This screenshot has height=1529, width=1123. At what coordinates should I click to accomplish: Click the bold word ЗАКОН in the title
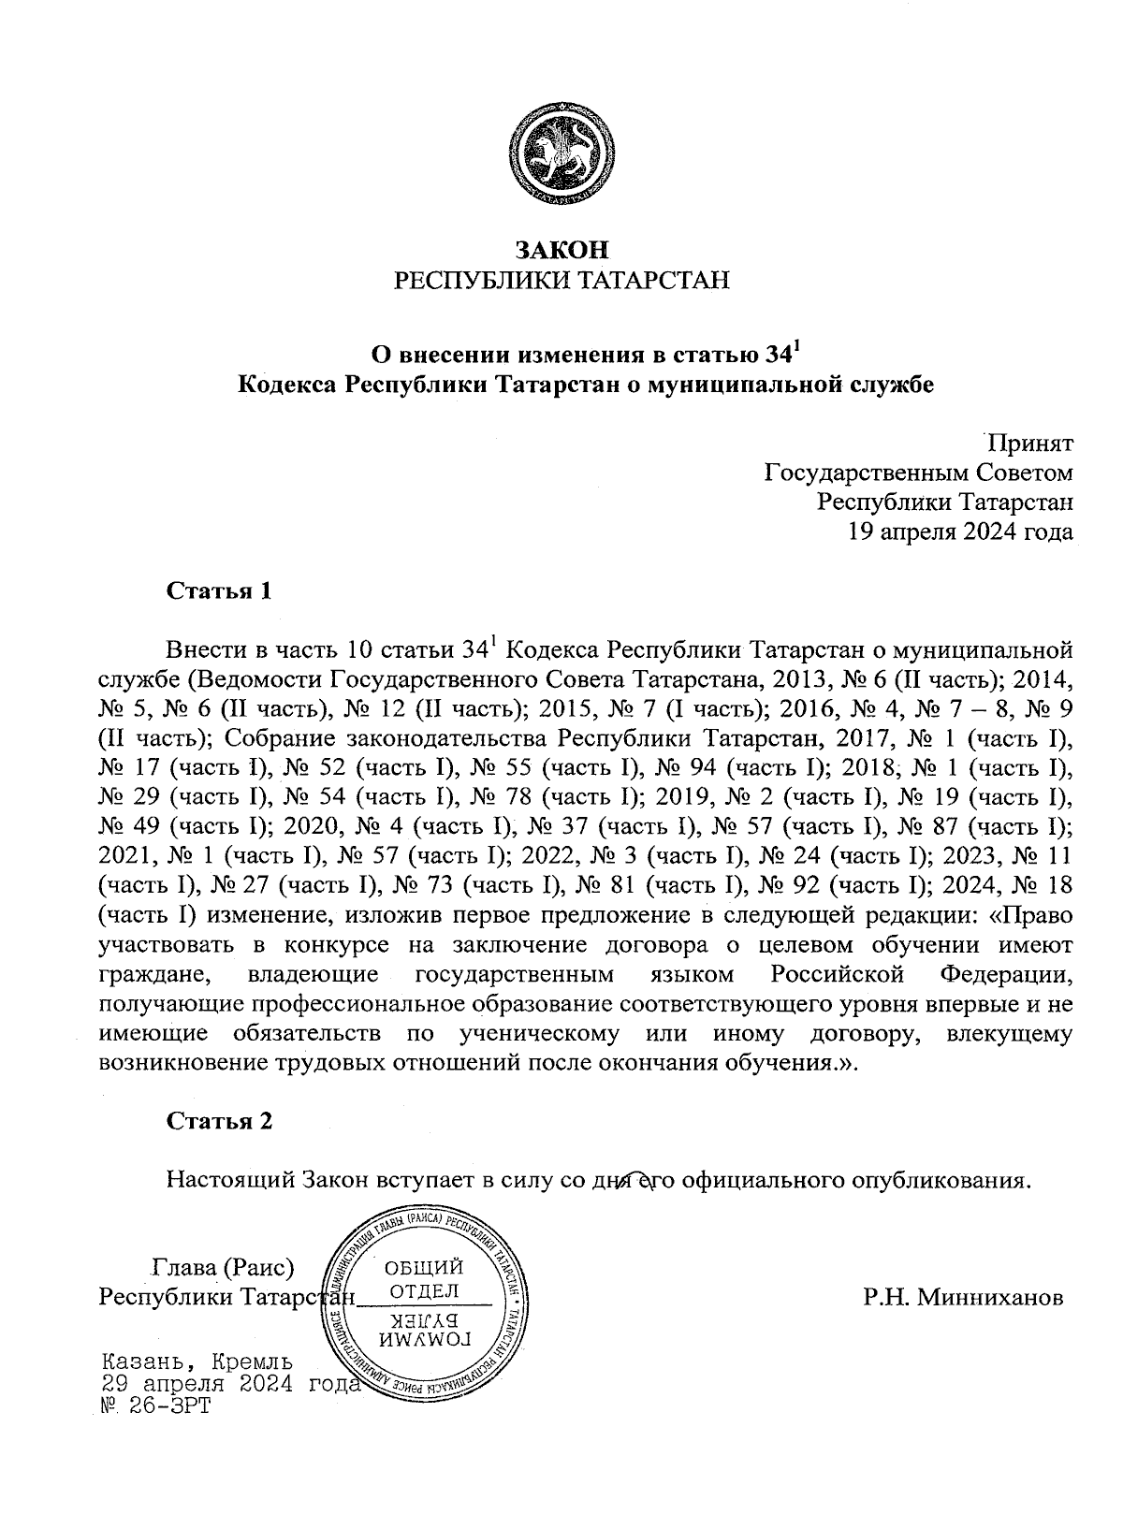point(561,250)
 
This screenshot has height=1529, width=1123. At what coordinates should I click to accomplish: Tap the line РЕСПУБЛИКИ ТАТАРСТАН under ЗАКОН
point(561,281)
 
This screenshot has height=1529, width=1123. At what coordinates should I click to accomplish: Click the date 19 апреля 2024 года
point(959,532)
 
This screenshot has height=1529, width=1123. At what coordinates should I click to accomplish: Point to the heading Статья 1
point(219,591)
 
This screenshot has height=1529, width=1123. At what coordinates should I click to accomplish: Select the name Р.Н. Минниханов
point(963,1299)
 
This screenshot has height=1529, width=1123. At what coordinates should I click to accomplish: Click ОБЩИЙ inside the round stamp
point(424,1268)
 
